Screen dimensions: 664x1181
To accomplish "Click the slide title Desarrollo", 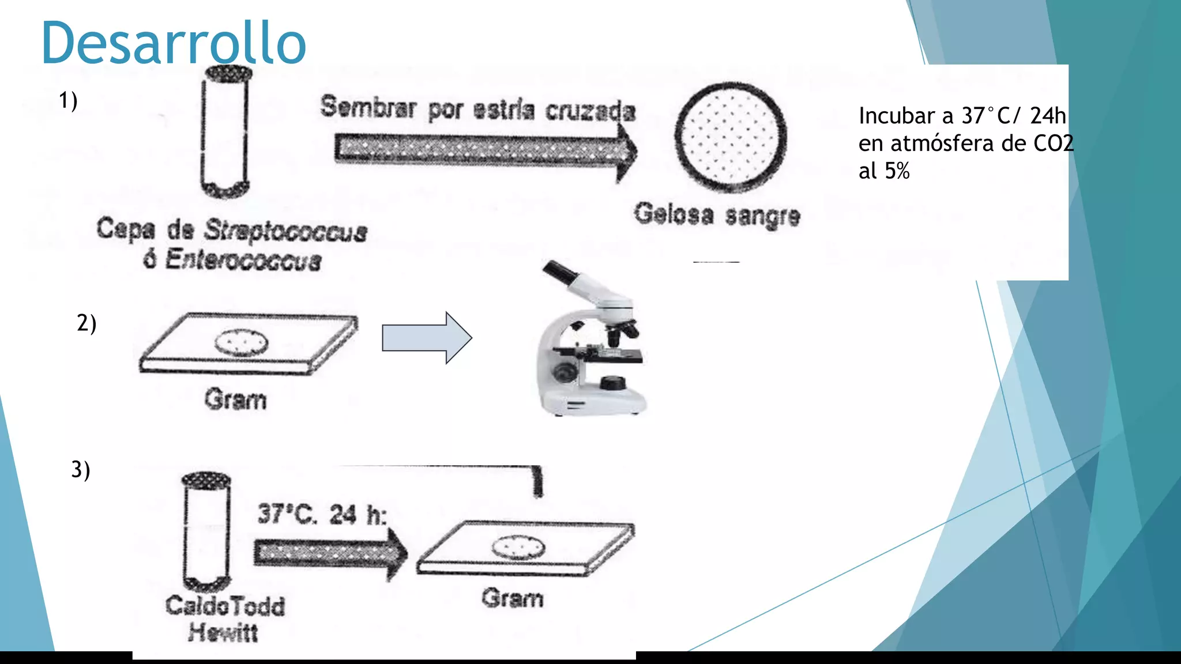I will click(x=173, y=43).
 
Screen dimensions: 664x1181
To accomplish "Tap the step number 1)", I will click(x=68, y=101).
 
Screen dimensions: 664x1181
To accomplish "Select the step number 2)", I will click(x=86, y=323).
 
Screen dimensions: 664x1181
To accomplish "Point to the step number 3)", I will click(x=81, y=470).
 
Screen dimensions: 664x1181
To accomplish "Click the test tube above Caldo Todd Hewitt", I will click(x=206, y=530).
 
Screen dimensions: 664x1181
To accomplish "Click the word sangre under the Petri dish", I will click(x=762, y=216).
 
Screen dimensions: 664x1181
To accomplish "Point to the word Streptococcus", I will click(x=285, y=231).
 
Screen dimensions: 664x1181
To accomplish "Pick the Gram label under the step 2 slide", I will click(x=235, y=399).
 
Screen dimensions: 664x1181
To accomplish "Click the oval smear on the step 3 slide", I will click(x=518, y=547).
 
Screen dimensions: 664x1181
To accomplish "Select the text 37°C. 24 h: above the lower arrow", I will click(x=322, y=514).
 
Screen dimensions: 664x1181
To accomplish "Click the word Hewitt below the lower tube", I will click(x=223, y=632).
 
